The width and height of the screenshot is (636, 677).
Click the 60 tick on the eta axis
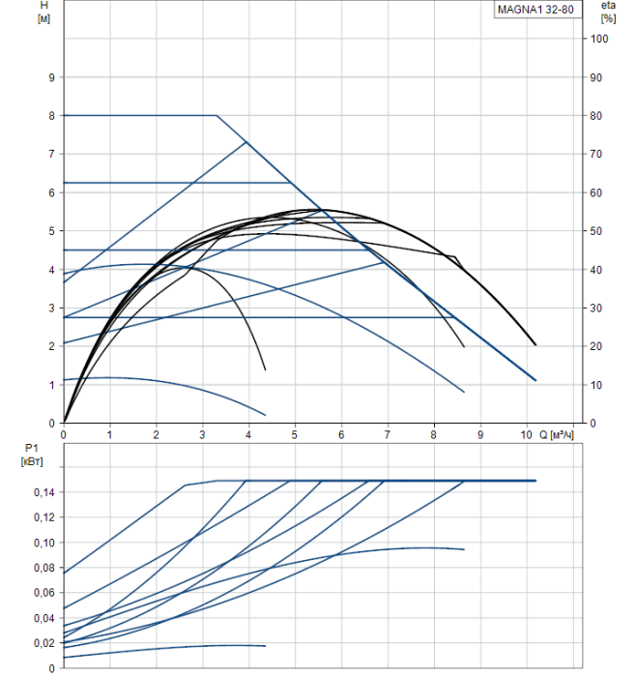tap(599, 192)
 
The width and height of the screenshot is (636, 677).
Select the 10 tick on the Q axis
tap(526, 435)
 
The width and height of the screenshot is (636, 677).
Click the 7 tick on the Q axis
tap(388, 435)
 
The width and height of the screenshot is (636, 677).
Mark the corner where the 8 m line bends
tap(217, 115)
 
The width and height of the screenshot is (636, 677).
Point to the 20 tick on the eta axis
tap(599, 346)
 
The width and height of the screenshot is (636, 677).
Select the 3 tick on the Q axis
tap(203, 435)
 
